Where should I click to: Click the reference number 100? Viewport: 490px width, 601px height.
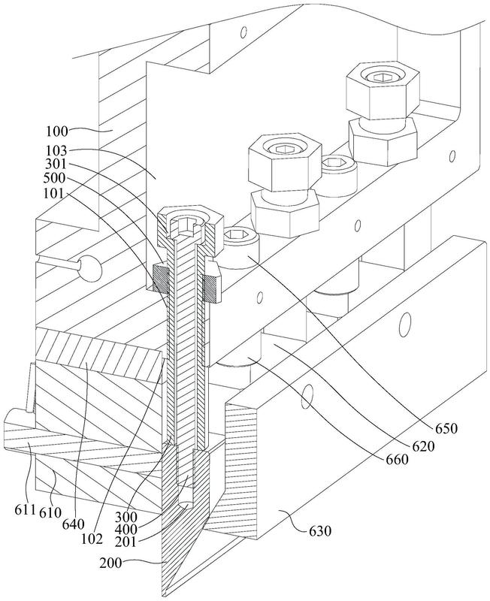click(x=57, y=131)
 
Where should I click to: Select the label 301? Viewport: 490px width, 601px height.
click(x=56, y=165)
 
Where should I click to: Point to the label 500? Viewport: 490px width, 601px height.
click(x=55, y=179)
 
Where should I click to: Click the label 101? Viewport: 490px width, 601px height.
click(x=54, y=193)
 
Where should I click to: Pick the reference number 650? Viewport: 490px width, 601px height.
click(x=446, y=428)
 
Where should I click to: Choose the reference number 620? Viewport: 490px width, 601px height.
click(x=423, y=446)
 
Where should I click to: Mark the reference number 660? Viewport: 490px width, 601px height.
click(x=397, y=459)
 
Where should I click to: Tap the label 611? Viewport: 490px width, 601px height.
click(x=25, y=510)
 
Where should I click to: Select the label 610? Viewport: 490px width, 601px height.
click(x=49, y=512)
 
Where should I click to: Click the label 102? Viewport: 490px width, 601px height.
click(x=92, y=538)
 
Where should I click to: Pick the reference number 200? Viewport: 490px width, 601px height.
click(x=110, y=563)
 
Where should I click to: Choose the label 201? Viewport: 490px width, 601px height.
click(x=126, y=542)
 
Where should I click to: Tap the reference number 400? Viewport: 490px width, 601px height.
click(x=126, y=530)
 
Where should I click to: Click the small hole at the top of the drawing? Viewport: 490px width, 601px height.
click(x=243, y=32)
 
